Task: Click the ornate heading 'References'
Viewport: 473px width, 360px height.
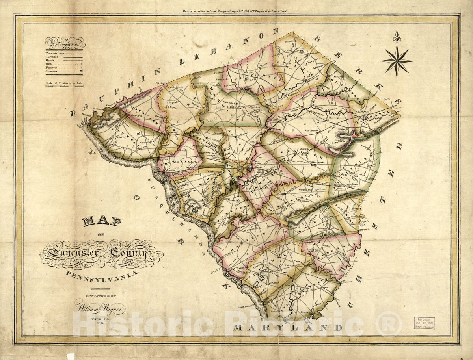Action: point(65,43)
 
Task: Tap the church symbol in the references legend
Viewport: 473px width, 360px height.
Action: point(81,71)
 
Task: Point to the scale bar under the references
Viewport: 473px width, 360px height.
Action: point(64,85)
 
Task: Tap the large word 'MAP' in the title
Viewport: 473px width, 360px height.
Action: point(101,221)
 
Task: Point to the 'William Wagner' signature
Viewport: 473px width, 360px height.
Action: point(100,305)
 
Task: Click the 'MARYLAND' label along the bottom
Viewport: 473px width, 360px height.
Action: point(288,327)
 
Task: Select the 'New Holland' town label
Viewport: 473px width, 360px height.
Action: point(323,135)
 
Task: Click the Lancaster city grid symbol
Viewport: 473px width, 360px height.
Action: point(241,170)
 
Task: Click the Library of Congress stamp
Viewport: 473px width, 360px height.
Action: point(424,323)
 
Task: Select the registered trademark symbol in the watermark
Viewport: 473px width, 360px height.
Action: point(388,323)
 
